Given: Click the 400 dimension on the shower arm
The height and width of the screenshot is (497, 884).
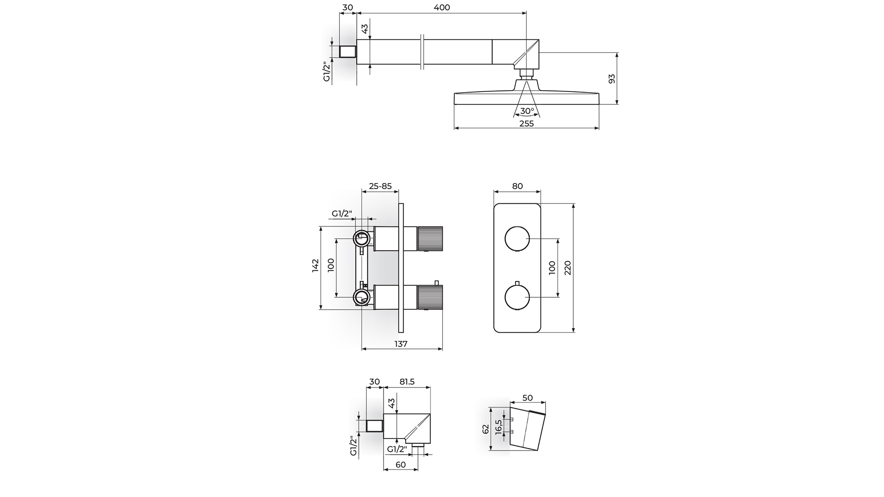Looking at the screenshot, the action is click(442, 7).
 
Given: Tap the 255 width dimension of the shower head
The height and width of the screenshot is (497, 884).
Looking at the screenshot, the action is click(526, 123).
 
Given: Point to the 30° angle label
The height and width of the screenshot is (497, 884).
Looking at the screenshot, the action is click(527, 111).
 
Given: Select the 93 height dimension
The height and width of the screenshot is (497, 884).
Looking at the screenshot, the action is click(611, 79).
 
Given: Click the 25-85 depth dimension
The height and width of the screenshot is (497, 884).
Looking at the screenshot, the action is click(380, 186).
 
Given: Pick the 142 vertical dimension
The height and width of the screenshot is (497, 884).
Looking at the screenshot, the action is click(315, 266).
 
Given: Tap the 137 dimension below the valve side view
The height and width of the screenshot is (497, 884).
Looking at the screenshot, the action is click(401, 344).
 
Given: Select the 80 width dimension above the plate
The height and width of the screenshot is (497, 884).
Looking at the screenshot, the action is click(518, 186).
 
